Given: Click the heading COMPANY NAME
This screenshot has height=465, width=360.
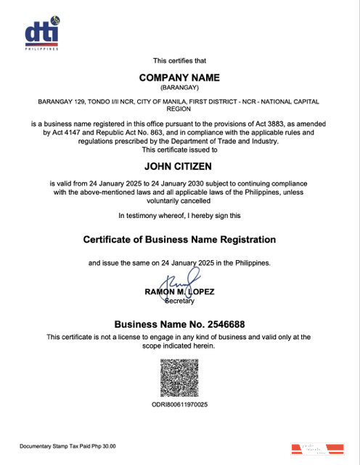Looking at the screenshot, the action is click(179, 78).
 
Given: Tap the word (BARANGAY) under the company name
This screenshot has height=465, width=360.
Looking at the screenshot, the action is click(179, 88).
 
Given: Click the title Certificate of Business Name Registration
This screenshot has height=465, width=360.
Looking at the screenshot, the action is click(179, 239).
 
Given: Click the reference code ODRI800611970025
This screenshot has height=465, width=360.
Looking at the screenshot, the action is click(179, 405).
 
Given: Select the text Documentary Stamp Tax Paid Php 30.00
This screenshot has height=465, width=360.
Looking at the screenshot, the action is click(67, 445).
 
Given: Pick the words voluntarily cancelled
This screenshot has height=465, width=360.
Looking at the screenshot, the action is click(179, 201).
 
